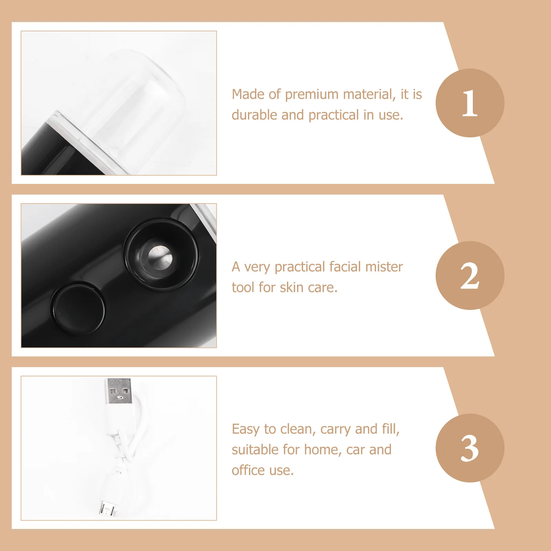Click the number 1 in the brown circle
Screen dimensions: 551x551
470,103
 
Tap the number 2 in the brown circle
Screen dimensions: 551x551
470,275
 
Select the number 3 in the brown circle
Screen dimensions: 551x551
470,448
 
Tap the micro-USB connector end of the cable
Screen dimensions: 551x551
107,509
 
